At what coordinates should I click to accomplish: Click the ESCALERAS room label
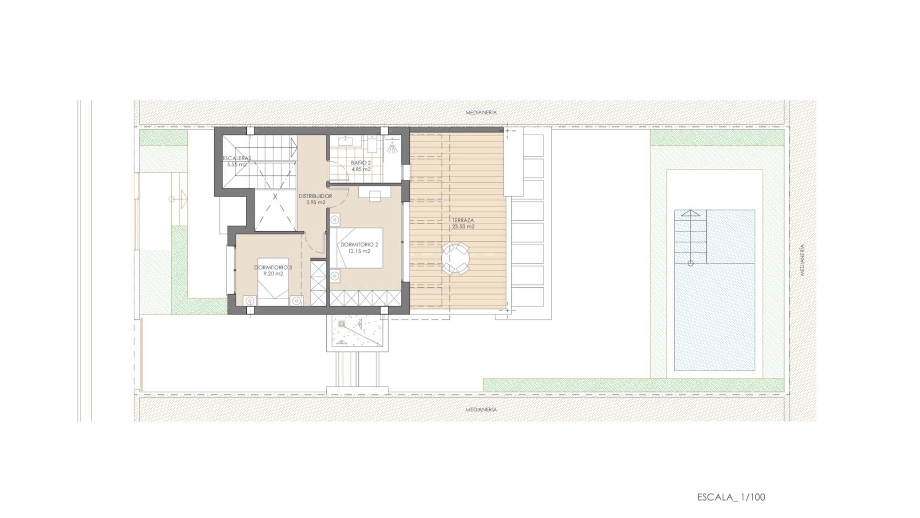pyautogui.click(x=237, y=158)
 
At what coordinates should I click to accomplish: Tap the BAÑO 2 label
pyautogui.click(x=361, y=163)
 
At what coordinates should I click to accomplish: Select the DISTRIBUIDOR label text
pyautogui.click(x=315, y=196)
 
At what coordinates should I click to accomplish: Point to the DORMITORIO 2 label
pyautogui.click(x=359, y=245)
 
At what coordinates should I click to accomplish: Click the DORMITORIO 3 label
pyautogui.click(x=273, y=267)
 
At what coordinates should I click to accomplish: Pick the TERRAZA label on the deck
pyautogui.click(x=463, y=220)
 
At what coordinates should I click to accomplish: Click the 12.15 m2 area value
pyautogui.click(x=359, y=251)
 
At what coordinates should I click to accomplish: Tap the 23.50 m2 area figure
pyautogui.click(x=463, y=226)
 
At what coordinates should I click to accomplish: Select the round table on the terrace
pyautogui.click(x=455, y=258)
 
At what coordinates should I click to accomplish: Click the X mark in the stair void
pyautogui.click(x=275, y=197)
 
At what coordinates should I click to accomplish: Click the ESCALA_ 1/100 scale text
pyautogui.click(x=731, y=497)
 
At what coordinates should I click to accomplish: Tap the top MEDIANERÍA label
pyautogui.click(x=481, y=112)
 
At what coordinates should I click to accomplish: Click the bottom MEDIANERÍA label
pyautogui.click(x=481, y=410)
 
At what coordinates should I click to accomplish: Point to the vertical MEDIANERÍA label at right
pyautogui.click(x=802, y=259)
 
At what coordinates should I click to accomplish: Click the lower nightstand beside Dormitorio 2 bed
pyautogui.click(x=334, y=276)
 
